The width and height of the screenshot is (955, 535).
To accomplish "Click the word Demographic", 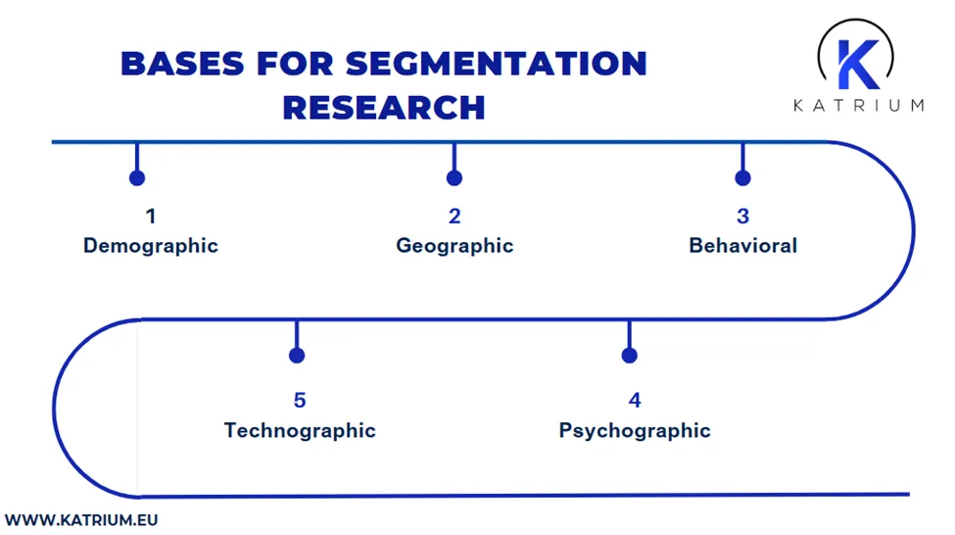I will [150, 245].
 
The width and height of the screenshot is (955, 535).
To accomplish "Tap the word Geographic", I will [454, 245].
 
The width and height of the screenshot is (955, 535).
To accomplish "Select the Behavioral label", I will [742, 245].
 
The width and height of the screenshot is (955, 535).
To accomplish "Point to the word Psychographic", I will [635, 430].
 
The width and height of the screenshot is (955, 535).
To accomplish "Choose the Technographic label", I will [300, 430].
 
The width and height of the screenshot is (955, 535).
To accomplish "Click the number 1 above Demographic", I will [151, 216].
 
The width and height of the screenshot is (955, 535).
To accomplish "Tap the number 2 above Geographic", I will [454, 216].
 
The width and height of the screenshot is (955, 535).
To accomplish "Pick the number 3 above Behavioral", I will [742, 216].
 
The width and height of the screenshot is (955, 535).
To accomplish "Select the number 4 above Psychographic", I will [635, 400].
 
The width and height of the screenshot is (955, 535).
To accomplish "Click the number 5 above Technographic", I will [300, 400].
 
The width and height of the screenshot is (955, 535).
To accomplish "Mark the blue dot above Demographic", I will [137, 177].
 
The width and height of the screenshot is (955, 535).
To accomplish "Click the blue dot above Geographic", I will [454, 177].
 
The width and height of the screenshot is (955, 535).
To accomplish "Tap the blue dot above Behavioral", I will [742, 177].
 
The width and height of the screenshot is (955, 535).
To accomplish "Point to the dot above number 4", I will [630, 355].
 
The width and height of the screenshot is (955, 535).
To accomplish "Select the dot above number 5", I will [297, 355].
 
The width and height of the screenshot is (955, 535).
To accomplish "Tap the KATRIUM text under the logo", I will [858, 105].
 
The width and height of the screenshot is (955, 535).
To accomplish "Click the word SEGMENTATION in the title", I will [496, 64].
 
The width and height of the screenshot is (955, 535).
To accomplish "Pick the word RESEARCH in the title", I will [384, 107].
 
